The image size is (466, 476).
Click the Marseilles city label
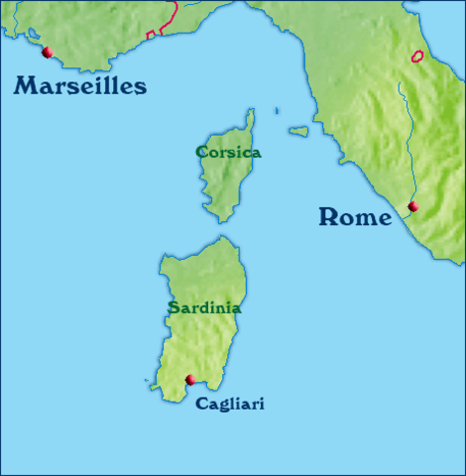80,86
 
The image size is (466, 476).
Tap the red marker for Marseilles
47,52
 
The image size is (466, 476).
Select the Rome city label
355,217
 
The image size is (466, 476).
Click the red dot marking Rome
413,206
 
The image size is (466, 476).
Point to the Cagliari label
230,404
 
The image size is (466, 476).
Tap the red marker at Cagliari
190,379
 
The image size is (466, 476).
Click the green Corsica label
228,153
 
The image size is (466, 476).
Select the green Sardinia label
204,307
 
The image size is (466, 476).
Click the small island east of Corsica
298,130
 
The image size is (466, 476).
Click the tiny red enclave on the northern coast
151,35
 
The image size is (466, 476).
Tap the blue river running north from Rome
403,129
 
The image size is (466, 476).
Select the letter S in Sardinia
174,307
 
